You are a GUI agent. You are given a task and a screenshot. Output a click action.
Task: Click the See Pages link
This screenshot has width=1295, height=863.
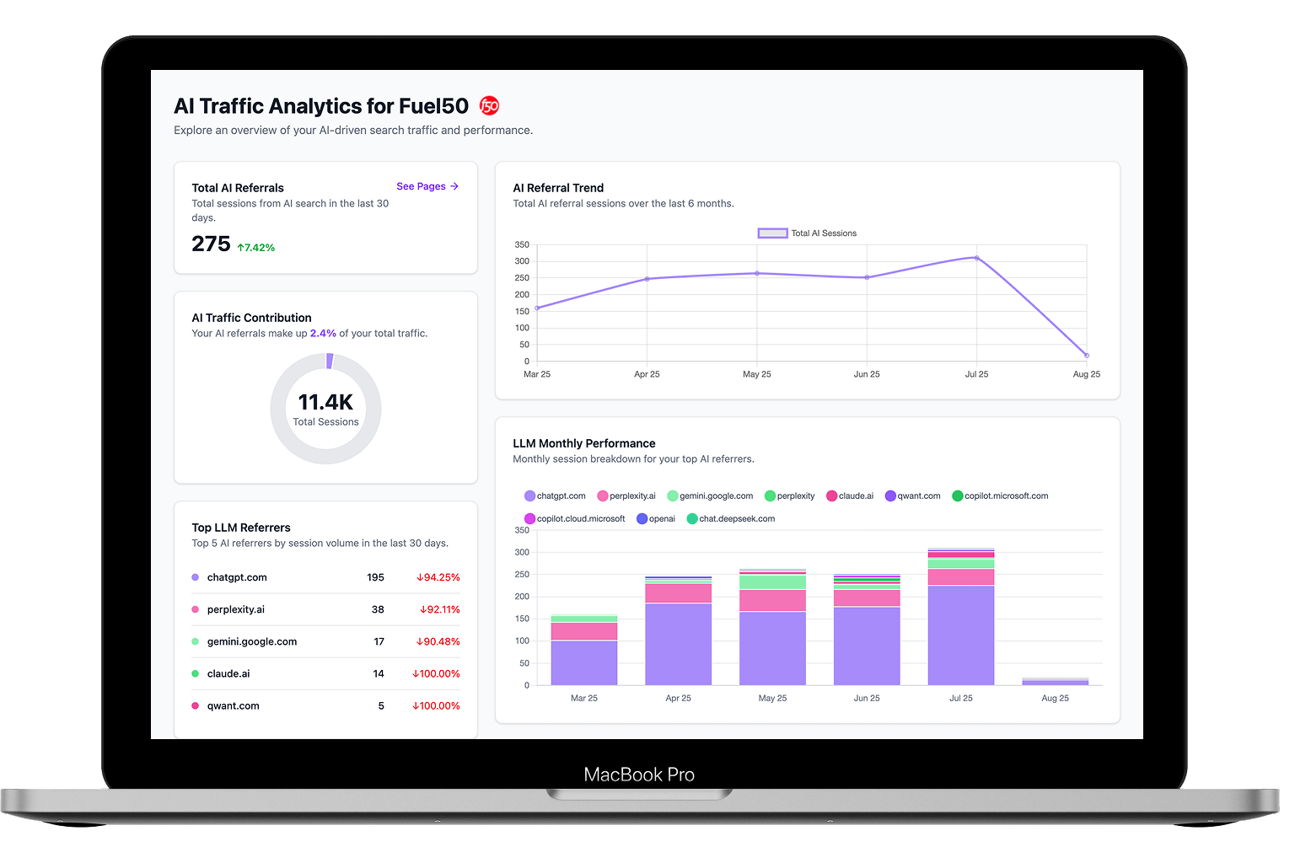(x=427, y=186)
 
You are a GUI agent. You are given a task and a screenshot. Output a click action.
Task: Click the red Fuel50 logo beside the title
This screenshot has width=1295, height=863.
(x=489, y=105)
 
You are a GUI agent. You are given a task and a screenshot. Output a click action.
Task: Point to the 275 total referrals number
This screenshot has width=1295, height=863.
(x=211, y=244)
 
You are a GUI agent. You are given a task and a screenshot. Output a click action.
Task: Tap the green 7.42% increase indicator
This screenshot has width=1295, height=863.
(x=256, y=248)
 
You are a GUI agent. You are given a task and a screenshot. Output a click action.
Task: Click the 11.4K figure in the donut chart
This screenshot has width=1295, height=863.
(x=325, y=402)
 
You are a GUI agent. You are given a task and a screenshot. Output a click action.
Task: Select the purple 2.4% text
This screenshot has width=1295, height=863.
(x=323, y=334)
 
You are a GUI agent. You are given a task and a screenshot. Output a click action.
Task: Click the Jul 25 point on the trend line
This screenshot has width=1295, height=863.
(x=976, y=258)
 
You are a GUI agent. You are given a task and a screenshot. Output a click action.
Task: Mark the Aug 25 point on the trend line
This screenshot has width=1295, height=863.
(x=1086, y=356)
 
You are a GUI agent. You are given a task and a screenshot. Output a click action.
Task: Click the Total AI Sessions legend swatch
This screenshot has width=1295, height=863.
(x=772, y=233)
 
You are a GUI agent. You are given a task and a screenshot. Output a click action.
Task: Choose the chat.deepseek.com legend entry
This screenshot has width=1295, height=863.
(x=731, y=519)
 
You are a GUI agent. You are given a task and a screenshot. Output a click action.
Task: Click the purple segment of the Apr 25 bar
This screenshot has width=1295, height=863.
(x=678, y=644)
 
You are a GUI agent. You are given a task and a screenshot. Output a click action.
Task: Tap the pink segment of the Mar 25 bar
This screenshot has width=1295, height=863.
(x=583, y=631)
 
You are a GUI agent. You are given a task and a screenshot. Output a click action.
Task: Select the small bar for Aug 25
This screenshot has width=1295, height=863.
(x=1055, y=681)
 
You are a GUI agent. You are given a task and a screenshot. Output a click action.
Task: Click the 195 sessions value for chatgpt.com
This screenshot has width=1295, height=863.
(x=375, y=578)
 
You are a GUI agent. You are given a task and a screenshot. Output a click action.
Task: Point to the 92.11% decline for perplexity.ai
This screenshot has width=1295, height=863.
(x=439, y=610)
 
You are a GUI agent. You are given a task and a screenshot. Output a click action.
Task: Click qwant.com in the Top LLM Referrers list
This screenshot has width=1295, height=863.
(x=234, y=706)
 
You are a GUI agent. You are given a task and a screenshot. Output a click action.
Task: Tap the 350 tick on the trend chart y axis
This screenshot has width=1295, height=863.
(x=522, y=245)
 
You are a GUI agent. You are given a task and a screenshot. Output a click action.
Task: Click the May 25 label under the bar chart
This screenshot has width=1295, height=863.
(x=772, y=699)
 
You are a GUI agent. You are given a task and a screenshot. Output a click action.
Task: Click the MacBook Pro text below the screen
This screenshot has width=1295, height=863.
(x=639, y=775)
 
